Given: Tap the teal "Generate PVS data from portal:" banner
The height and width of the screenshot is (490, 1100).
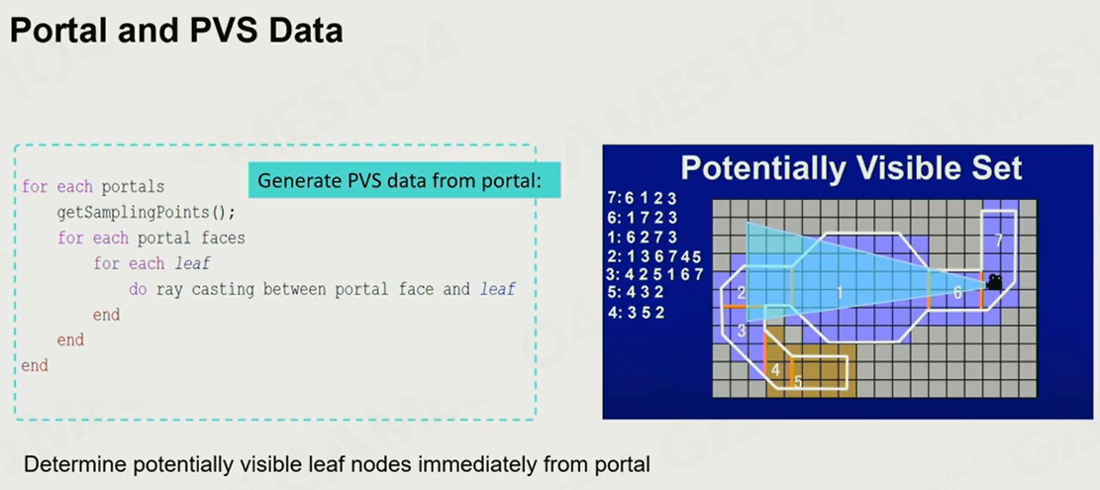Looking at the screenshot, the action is [x=405, y=181].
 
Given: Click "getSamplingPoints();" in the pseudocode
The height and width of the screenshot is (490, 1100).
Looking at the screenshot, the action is [x=146, y=213].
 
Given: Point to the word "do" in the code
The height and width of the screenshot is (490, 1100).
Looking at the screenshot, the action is [x=138, y=289].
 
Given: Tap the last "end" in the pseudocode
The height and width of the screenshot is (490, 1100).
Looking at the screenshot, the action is [x=35, y=365].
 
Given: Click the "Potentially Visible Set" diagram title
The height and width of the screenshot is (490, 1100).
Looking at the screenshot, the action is [x=850, y=168].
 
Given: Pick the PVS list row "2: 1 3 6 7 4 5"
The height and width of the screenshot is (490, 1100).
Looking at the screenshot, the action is [x=655, y=255].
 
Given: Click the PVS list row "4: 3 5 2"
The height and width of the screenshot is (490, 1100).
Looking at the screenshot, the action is [x=637, y=314].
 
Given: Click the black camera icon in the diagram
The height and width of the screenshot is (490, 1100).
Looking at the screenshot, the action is [x=994, y=282].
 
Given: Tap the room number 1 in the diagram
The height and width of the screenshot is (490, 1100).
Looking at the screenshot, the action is [x=839, y=293].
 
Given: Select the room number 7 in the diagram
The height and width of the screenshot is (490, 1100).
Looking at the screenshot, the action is [x=999, y=241].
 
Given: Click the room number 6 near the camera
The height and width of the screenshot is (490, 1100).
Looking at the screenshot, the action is [x=957, y=294].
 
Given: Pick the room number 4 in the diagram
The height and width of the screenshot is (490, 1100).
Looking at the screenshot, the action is [x=775, y=369].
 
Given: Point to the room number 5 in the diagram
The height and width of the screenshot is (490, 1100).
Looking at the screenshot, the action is [x=798, y=382].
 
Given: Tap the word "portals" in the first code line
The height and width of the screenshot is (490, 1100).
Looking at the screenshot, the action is [x=134, y=187].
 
